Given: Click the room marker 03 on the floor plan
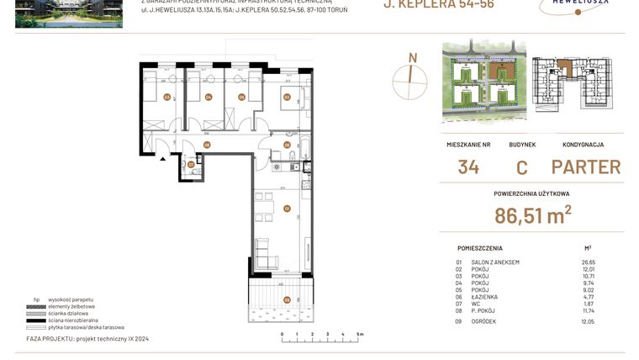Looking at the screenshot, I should [x=167, y=97].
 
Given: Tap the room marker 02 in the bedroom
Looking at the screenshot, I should [x=287, y=97].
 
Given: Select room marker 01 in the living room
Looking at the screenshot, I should [x=287, y=208].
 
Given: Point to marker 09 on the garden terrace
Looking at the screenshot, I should [x=287, y=299].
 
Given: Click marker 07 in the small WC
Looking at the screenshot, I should [x=191, y=164].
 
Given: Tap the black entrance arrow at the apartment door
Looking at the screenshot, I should [x=162, y=158].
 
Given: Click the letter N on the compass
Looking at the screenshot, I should [x=412, y=57].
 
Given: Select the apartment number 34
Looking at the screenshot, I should [x=468, y=167].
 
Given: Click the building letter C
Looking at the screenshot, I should [x=521, y=167].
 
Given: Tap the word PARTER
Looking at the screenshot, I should [x=586, y=167].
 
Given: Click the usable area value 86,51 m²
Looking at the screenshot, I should [x=533, y=215].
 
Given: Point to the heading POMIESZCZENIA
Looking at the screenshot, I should [x=480, y=249].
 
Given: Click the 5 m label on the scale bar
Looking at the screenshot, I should [x=360, y=334].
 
